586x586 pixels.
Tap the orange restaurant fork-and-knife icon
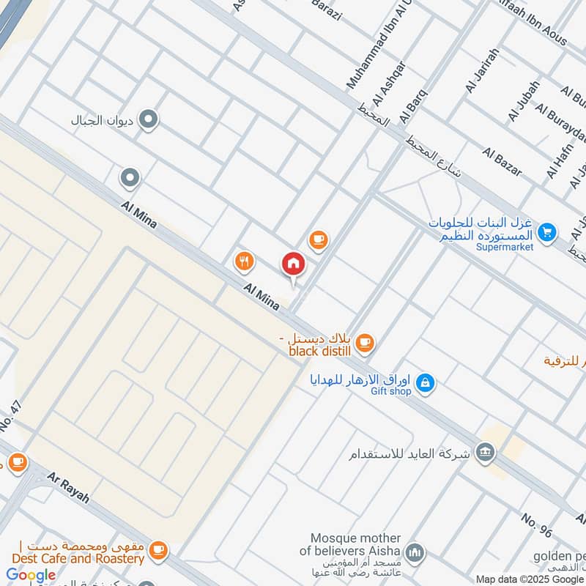click(x=244, y=260)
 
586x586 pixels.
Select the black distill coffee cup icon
click(x=365, y=342)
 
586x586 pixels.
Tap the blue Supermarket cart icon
click(x=546, y=233)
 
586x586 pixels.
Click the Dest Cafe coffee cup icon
click(x=157, y=549)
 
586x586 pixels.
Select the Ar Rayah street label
click(x=68, y=487)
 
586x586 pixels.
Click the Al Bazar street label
click(x=502, y=161)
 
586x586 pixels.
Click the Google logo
click(x=31, y=575)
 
